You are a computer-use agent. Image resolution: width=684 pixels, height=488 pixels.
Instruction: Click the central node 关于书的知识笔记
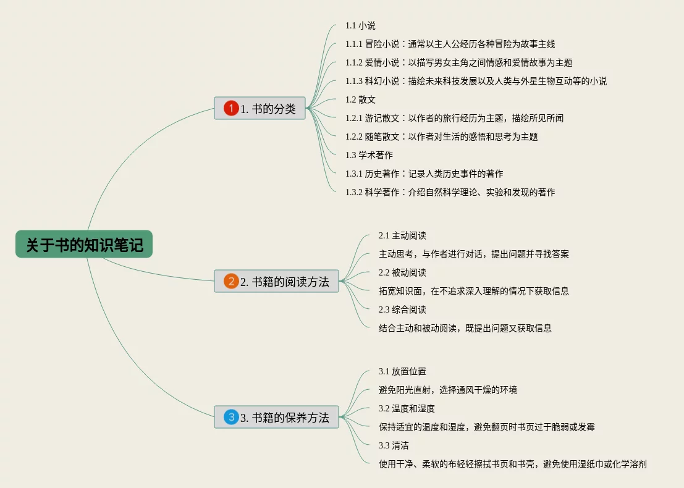pyautogui.click(x=84, y=245)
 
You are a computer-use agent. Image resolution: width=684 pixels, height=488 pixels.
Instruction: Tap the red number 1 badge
pyautogui.click(x=231, y=109)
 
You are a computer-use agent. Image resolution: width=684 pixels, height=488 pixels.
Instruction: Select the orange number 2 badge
pyautogui.click(x=231, y=282)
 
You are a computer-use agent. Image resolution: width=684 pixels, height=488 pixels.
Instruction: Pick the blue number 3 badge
pyautogui.click(x=231, y=418)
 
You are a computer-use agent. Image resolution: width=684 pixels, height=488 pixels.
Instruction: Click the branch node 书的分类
pyautogui.click(x=268, y=109)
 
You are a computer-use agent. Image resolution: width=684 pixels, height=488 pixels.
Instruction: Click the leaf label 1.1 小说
pyautogui.click(x=360, y=25)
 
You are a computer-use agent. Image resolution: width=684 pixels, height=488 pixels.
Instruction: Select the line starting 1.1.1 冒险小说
pyautogui.click(x=450, y=44)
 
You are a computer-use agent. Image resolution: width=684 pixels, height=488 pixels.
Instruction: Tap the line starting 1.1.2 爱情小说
pyautogui.click(x=458, y=62)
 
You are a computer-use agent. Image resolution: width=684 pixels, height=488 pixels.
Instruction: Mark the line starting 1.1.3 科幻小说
pyautogui.click(x=476, y=81)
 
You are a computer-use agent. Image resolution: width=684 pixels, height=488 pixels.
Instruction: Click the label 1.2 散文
pyautogui.click(x=360, y=99)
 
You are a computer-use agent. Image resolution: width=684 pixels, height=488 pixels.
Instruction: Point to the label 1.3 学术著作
pyautogui.click(x=369, y=155)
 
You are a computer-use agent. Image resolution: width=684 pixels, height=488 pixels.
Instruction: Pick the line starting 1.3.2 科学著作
pyautogui.click(x=450, y=192)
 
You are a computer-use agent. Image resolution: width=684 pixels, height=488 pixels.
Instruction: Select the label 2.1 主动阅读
pyautogui.click(x=402, y=235)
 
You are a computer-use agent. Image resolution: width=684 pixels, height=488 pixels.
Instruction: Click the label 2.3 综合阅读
pyautogui.click(x=402, y=309)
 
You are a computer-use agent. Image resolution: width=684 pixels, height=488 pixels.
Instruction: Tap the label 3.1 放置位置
pyautogui.click(x=402, y=371)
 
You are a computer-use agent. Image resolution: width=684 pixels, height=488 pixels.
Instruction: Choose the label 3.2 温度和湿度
pyautogui.click(x=407, y=408)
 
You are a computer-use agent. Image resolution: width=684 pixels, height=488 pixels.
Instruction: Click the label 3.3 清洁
pyautogui.click(x=394, y=445)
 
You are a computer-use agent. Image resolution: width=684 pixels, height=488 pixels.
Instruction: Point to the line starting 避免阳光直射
pyautogui.click(x=447, y=390)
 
